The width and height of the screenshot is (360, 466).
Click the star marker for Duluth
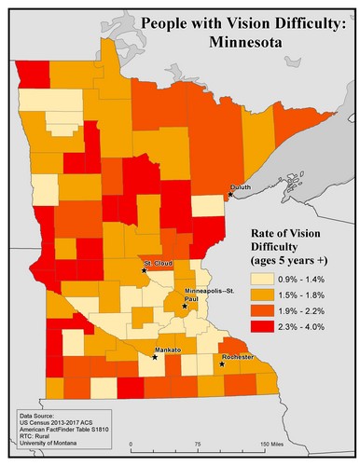(229, 194)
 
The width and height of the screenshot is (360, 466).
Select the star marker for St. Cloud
(145, 270)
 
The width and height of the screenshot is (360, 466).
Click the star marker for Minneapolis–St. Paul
(185, 306)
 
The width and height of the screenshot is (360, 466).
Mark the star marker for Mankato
(154, 356)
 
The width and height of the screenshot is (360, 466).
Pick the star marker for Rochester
(222, 363)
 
